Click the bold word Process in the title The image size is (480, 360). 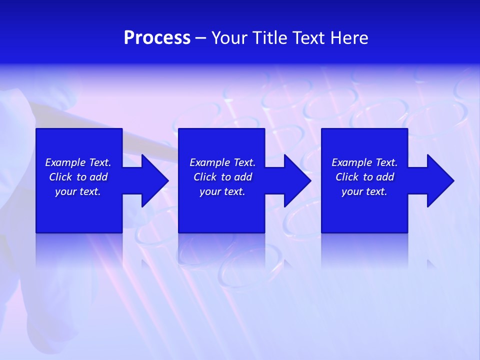click(157, 38)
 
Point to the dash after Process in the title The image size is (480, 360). click(200, 38)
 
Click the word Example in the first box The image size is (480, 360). click(65, 162)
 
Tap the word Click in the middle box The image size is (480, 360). click(205, 177)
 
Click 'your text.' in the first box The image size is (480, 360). click(78, 191)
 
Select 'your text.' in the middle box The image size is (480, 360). click(222, 191)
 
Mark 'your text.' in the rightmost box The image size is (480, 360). click(364, 191)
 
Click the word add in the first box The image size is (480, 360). click(98, 177)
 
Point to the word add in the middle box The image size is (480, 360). click(243, 177)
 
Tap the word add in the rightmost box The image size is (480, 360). click(385, 177)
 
